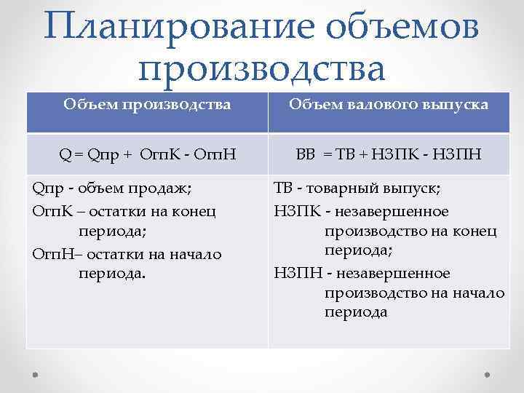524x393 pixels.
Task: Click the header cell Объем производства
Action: click(x=147, y=105)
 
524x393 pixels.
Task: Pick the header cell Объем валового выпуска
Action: click(x=389, y=105)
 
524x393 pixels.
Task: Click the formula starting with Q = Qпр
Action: click(x=147, y=154)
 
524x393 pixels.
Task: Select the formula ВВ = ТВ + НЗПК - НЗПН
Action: click(x=389, y=154)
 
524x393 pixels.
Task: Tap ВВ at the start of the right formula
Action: click(x=304, y=154)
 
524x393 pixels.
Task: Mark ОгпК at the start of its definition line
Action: click(x=49, y=211)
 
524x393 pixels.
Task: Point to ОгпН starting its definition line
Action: click(x=49, y=253)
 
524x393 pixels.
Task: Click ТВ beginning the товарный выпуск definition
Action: click(x=285, y=190)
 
